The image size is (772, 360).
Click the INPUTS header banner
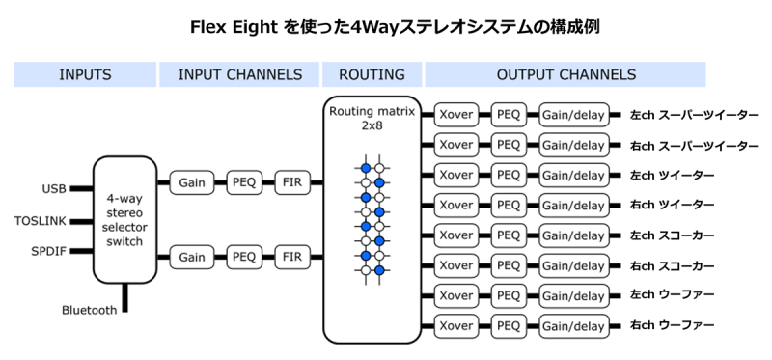85,74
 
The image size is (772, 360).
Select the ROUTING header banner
372,74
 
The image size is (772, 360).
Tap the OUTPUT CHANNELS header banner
565,74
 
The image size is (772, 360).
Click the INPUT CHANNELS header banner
240,74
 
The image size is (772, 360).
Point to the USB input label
54,188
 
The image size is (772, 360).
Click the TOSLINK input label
41,220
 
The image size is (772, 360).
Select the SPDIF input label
49,251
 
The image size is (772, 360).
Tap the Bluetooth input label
89,310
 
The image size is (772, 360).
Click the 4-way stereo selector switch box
124,220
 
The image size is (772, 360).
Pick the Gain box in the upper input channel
192,181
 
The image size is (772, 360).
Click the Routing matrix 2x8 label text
372,119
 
